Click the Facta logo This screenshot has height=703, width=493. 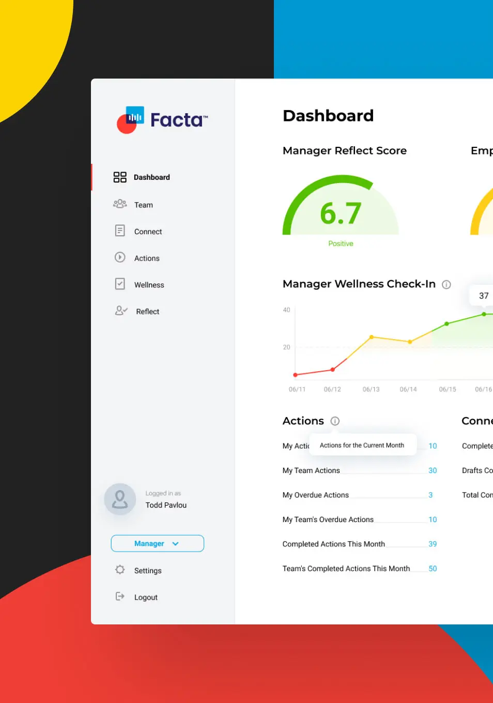(x=162, y=120)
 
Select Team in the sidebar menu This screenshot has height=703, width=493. (x=143, y=205)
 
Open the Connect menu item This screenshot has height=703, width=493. (x=148, y=232)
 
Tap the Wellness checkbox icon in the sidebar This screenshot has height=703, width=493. (x=120, y=284)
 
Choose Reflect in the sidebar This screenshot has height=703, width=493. (x=147, y=312)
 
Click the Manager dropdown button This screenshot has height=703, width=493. (x=157, y=543)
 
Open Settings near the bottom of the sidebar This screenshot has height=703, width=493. (x=147, y=571)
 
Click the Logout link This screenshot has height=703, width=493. (x=145, y=597)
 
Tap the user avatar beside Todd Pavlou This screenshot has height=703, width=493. (x=120, y=499)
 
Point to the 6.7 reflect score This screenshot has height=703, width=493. (x=341, y=213)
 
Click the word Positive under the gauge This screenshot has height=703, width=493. (x=341, y=243)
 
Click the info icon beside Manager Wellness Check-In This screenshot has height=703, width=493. (x=446, y=284)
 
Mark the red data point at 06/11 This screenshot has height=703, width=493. (x=295, y=375)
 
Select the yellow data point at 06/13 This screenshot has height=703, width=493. (x=372, y=337)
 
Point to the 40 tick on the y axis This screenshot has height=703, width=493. (x=286, y=310)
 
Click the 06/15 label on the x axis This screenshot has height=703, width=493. (x=448, y=389)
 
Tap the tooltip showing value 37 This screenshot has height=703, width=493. (x=483, y=296)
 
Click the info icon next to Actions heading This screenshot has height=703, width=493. (x=335, y=421)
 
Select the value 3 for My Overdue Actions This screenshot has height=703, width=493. (x=430, y=495)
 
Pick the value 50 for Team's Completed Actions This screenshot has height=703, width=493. (x=433, y=569)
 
